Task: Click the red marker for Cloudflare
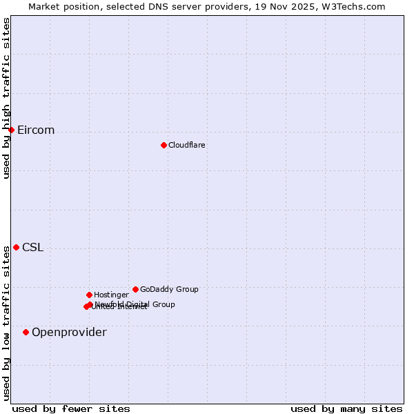[164, 145]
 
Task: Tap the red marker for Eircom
[11, 130]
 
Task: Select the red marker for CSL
[16, 247]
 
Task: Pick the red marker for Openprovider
[26, 332]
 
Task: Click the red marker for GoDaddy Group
[135, 289]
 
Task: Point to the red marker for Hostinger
[89, 295]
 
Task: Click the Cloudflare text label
[187, 145]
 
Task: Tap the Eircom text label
[36, 130]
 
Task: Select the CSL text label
[32, 248]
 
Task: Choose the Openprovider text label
[69, 333]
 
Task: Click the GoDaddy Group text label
[169, 290]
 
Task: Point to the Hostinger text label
[111, 295]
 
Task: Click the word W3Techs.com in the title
[355, 7]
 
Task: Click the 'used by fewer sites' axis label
[71, 409]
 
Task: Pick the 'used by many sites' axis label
[346, 409]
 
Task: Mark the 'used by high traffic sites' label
[7, 98]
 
